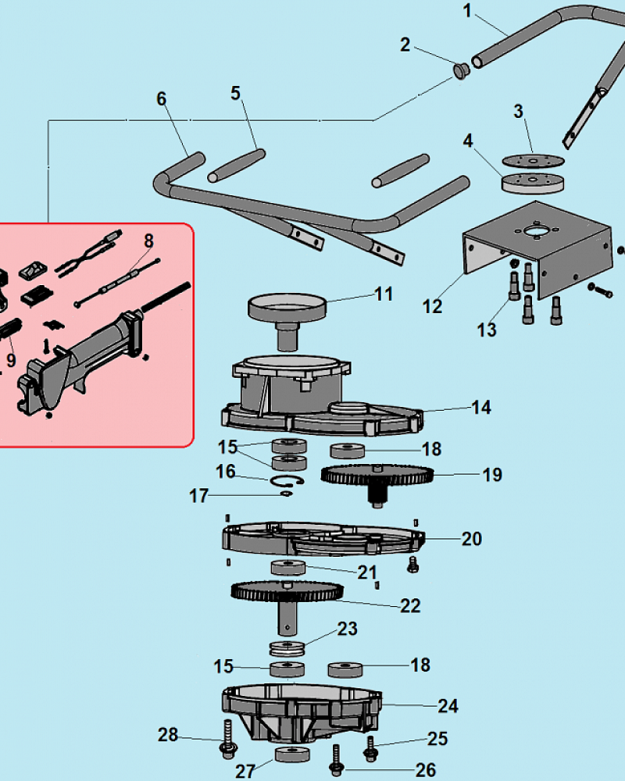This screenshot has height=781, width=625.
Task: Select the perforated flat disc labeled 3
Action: pyautogui.click(x=534, y=161)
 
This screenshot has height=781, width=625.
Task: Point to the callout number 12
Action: pyautogui.click(x=432, y=305)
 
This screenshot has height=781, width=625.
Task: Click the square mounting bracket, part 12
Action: pyautogui.click(x=539, y=242)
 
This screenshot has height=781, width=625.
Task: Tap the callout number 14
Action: pyautogui.click(x=480, y=407)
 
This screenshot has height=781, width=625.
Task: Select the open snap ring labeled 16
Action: pyautogui.click(x=287, y=482)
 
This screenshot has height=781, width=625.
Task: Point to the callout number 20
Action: pyautogui.click(x=472, y=539)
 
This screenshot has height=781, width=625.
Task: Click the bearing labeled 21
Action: pyautogui.click(x=288, y=566)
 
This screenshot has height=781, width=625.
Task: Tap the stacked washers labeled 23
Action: pyautogui.click(x=287, y=647)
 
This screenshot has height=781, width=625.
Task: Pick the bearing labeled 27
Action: pyautogui.click(x=292, y=756)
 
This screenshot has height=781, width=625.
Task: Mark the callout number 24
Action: pyautogui.click(x=448, y=706)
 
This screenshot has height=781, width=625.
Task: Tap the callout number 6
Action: pyautogui.click(x=162, y=99)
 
